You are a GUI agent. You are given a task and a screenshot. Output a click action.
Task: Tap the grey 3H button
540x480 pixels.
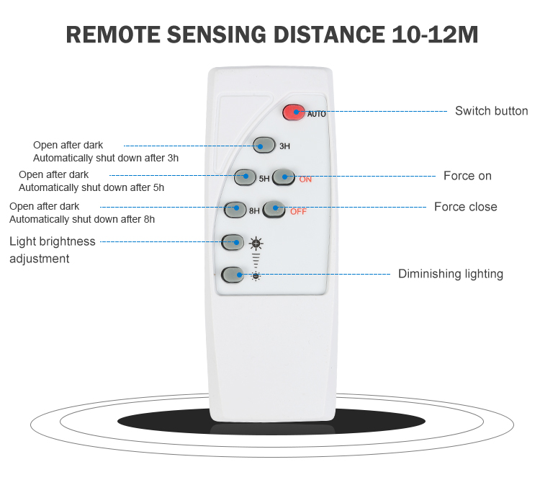264,145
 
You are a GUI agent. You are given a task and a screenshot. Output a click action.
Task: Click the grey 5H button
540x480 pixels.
245,177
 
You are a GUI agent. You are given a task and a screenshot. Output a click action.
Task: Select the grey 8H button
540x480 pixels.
235,210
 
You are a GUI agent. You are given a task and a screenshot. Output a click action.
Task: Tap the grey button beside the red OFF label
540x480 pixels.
274,209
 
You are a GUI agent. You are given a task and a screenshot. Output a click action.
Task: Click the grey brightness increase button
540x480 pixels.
233,242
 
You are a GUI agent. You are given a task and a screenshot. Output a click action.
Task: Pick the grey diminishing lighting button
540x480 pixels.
233,275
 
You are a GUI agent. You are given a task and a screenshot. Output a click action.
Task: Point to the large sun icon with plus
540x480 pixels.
256,244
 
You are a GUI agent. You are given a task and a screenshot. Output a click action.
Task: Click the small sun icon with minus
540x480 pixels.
256,276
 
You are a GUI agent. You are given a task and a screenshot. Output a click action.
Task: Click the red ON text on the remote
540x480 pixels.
305,179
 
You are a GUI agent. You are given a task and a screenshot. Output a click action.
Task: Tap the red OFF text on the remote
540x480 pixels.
298,211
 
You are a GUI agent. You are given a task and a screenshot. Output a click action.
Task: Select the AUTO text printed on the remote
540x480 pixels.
316,114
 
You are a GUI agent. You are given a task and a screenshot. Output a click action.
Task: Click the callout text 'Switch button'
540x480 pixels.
492,111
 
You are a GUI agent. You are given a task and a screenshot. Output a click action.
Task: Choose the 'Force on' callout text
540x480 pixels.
467,176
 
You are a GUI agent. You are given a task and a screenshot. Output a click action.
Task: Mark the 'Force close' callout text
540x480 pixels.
466,207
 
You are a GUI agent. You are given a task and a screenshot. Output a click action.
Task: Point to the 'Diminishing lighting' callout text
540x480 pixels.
451,274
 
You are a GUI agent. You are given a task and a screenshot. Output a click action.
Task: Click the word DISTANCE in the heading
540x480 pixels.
329,35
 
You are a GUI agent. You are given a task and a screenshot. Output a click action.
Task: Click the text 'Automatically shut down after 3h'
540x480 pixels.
106,159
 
